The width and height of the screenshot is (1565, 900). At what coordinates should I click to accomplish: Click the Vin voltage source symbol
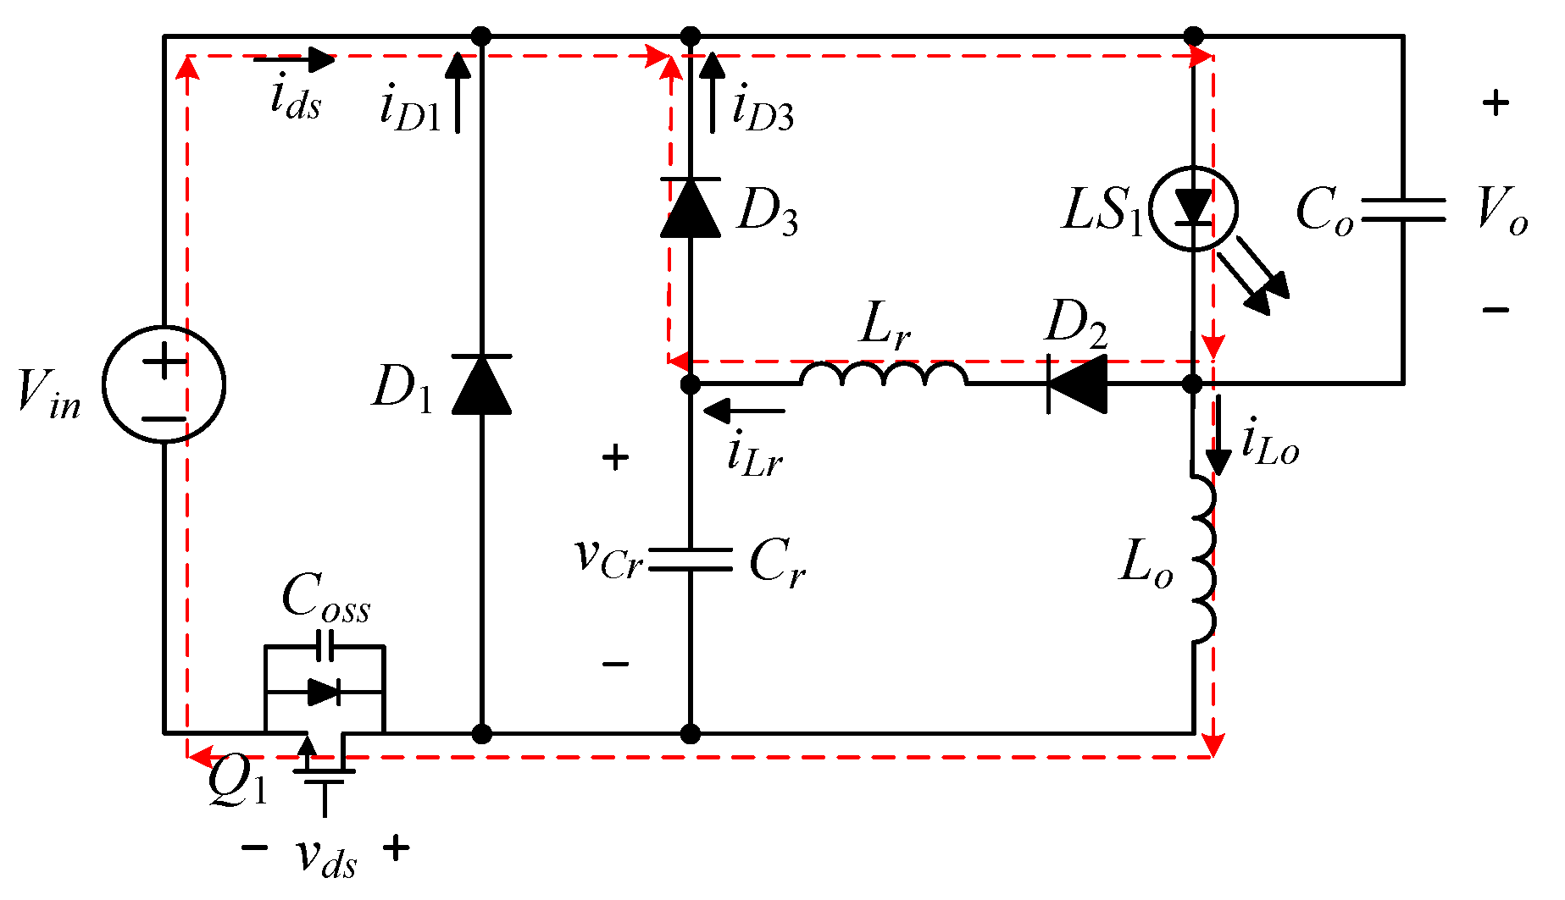click(164, 384)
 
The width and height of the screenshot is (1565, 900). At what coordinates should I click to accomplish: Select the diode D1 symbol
click(481, 385)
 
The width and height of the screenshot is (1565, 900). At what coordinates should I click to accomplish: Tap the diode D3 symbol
click(691, 207)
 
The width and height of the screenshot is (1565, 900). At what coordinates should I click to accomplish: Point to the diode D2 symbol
click(1077, 384)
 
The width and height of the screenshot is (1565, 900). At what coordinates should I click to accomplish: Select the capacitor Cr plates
click(691, 560)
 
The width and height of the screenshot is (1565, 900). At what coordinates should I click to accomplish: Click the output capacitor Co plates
click(1403, 209)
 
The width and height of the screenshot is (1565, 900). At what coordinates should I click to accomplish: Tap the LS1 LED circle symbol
click(1194, 209)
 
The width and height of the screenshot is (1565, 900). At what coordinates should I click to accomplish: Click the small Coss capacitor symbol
click(325, 645)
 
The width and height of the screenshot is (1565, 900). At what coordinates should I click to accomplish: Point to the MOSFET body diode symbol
click(325, 692)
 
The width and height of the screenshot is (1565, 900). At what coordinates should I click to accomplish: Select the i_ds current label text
click(296, 99)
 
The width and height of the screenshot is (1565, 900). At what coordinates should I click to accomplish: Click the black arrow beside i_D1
click(458, 91)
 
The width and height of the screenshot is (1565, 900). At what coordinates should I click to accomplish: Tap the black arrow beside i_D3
click(713, 91)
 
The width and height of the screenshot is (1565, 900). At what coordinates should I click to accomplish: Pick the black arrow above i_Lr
click(744, 411)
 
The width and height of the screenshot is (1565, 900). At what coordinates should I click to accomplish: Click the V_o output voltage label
click(1501, 209)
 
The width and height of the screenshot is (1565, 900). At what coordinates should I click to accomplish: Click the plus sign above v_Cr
click(615, 458)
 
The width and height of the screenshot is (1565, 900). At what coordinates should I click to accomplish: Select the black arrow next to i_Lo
click(1218, 436)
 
